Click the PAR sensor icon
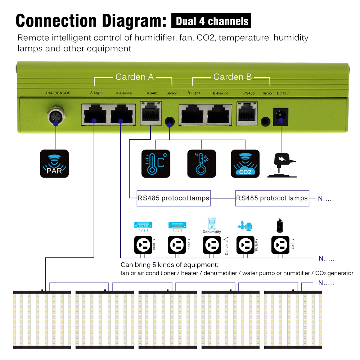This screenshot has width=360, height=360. click(x=54, y=164)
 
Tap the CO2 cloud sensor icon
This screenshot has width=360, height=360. click(x=245, y=164)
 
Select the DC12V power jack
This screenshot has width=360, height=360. click(x=281, y=116)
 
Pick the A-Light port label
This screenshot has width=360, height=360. click(x=96, y=93)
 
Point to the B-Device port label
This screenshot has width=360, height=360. click(x=220, y=93)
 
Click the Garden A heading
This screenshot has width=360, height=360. click(x=134, y=77)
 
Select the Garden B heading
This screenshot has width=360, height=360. click(x=233, y=77)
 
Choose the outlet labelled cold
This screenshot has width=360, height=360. click(x=143, y=246)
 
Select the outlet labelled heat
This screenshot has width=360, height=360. click(x=177, y=246)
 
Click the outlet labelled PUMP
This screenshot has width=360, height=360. click(x=246, y=246)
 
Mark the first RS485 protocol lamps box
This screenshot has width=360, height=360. click(x=173, y=198)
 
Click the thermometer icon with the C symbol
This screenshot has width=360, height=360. click(x=156, y=164)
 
